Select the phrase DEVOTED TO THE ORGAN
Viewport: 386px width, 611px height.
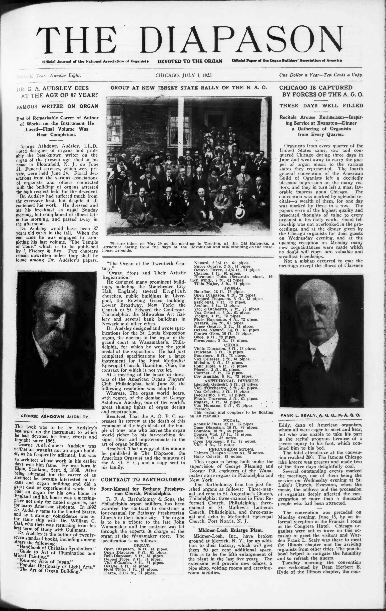tap(190, 61)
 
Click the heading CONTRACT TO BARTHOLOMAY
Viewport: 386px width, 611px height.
tap(142, 480)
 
